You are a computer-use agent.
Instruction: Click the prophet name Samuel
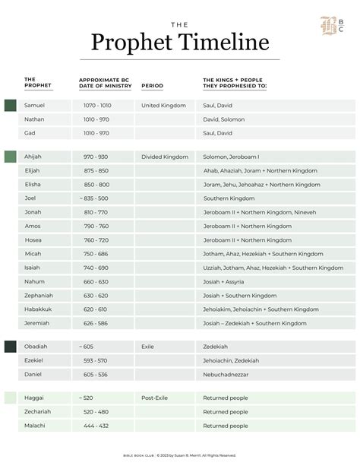click(35, 106)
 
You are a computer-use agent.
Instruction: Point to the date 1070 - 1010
click(96, 106)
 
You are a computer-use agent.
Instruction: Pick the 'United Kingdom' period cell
click(163, 106)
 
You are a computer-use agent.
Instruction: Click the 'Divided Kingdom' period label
click(165, 157)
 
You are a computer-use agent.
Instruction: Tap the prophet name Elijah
click(33, 170)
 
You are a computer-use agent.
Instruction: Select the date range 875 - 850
click(96, 170)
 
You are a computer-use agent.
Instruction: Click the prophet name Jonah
click(33, 212)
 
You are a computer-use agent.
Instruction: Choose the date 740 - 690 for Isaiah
click(96, 268)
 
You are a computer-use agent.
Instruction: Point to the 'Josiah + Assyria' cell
click(225, 281)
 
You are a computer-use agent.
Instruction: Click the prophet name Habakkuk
click(39, 309)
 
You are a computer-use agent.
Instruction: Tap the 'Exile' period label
click(147, 346)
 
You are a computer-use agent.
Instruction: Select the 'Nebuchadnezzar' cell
click(228, 374)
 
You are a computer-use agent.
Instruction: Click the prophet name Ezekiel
click(34, 360)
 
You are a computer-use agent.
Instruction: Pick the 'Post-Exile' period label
click(155, 398)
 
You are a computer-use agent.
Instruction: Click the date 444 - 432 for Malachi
click(96, 426)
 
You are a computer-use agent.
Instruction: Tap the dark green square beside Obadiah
click(10, 347)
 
